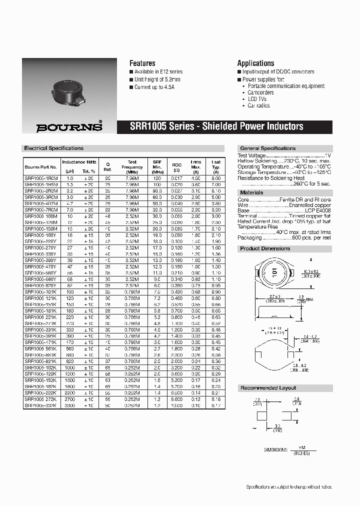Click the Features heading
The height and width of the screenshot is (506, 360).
click(x=142, y=63)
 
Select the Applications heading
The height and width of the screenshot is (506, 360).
click(x=255, y=63)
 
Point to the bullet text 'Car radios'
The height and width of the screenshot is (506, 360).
click(x=258, y=105)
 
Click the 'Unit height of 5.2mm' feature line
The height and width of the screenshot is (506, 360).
click(x=157, y=79)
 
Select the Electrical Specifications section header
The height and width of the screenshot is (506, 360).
click(x=54, y=148)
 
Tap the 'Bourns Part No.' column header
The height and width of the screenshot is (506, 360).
click(x=41, y=167)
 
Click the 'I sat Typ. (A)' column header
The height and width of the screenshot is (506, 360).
click(x=215, y=166)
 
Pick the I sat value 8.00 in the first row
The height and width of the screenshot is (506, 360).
click(x=215, y=178)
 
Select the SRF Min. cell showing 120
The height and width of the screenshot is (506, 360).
click(x=157, y=178)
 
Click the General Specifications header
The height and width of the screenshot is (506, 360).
click(x=268, y=148)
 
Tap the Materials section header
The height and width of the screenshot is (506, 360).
click(x=251, y=192)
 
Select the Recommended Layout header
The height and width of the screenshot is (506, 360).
click(x=268, y=388)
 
